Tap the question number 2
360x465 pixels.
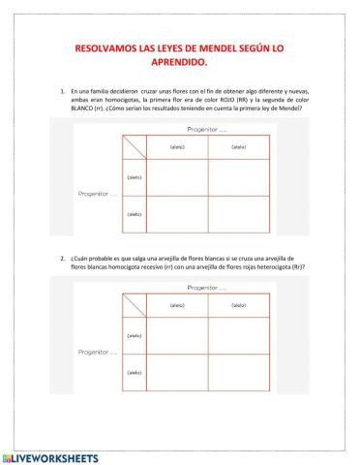(x=62, y=259)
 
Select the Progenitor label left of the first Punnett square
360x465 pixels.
(x=97, y=194)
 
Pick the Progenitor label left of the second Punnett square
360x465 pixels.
(x=97, y=353)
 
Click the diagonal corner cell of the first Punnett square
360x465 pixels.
(x=132, y=147)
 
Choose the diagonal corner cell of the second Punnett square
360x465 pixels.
(x=132, y=306)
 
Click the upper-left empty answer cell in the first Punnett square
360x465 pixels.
(x=177, y=177)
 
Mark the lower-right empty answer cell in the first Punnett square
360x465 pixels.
(x=238, y=214)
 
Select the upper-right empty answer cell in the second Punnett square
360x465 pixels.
(x=238, y=335)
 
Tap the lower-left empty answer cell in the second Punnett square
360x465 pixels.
(x=177, y=373)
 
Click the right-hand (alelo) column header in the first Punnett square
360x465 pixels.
(x=238, y=147)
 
